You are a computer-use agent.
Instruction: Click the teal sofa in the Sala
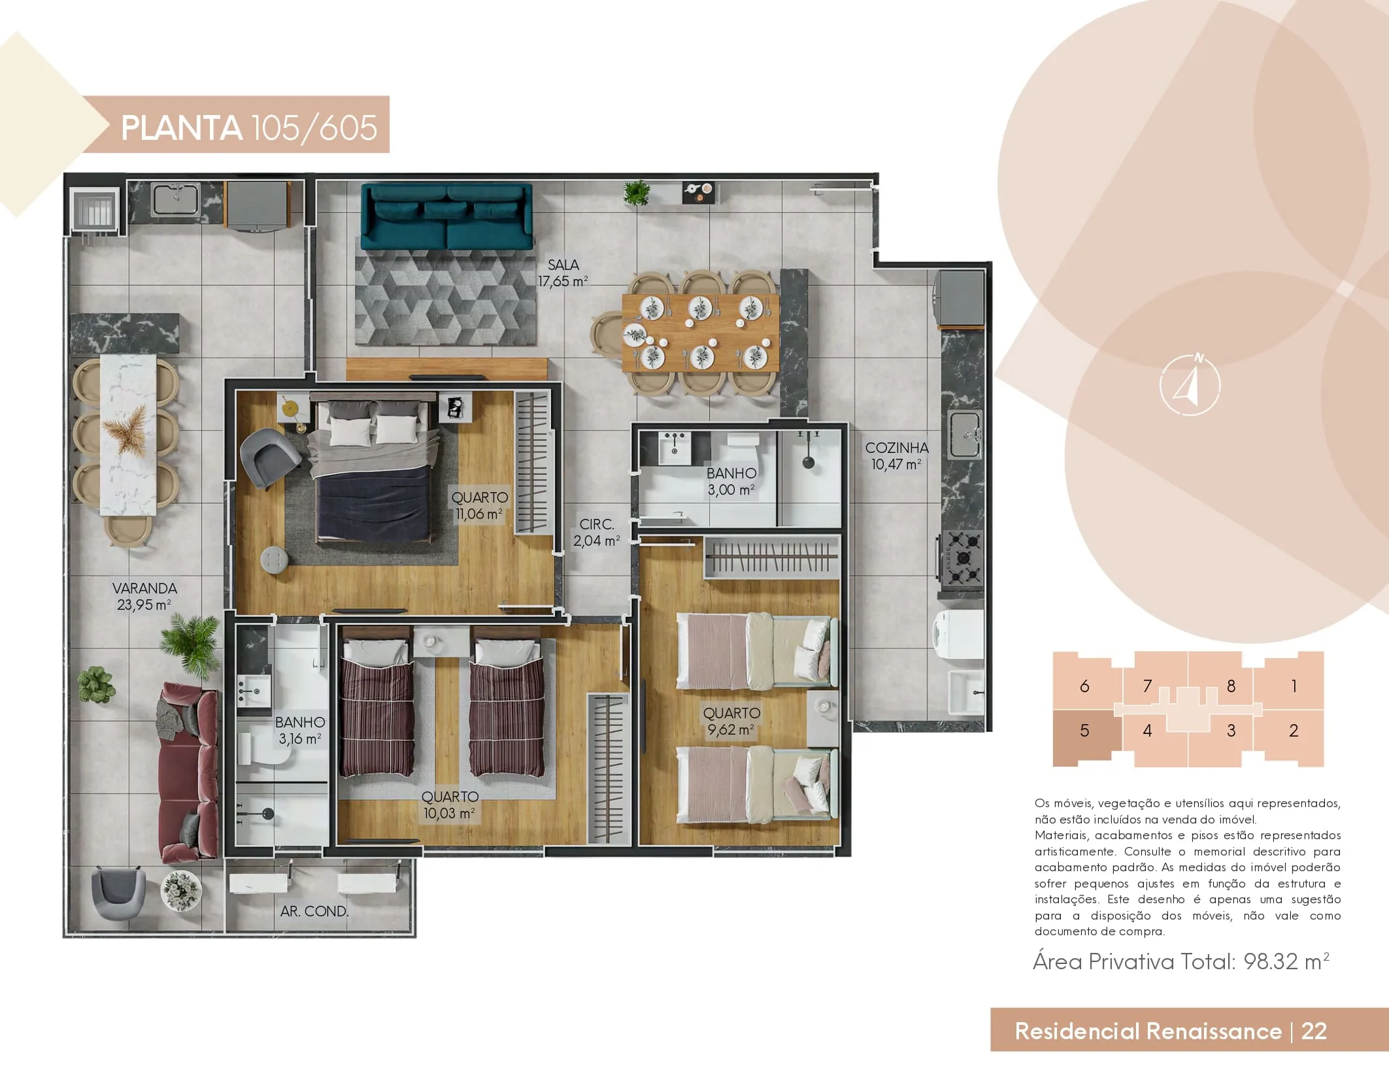tap(447, 217)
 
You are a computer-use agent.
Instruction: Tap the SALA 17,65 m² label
tap(563, 273)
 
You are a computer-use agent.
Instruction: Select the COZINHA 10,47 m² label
tap(897, 456)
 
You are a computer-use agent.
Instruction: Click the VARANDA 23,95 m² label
tap(144, 597)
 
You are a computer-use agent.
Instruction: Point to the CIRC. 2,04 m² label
tap(596, 533)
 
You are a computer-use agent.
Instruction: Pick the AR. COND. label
tap(314, 911)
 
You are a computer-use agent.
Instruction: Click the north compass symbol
tap(1190, 385)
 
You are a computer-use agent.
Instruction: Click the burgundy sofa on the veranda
tap(188, 773)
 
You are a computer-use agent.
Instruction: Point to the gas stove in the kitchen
tap(961, 557)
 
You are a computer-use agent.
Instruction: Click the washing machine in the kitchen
tap(958, 635)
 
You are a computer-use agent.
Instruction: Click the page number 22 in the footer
tap(1314, 1031)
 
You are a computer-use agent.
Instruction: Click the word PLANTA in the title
tap(181, 127)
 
